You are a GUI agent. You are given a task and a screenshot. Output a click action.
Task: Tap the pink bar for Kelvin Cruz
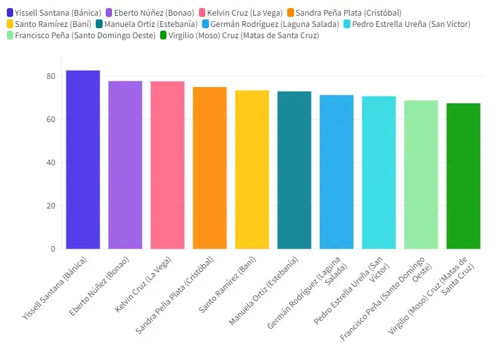click(x=167, y=165)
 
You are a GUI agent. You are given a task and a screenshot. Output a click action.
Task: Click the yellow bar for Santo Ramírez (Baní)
click(x=252, y=170)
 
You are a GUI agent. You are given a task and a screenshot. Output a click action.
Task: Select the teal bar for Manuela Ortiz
click(x=294, y=170)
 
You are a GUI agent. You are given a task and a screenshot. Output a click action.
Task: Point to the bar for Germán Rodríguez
click(x=337, y=172)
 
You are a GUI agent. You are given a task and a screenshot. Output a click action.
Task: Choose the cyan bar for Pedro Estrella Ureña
click(x=379, y=173)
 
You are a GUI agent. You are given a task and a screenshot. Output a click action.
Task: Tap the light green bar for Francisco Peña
click(x=421, y=175)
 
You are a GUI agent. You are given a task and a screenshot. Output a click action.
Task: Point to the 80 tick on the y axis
click(x=51, y=76)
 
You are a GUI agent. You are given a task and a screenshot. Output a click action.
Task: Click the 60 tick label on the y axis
click(x=51, y=120)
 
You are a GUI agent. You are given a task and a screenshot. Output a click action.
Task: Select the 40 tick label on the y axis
click(x=51, y=163)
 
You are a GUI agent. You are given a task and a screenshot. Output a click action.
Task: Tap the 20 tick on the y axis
click(x=51, y=206)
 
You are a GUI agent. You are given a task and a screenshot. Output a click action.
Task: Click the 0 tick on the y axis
click(x=53, y=249)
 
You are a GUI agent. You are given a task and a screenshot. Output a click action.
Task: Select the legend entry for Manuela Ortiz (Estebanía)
click(x=151, y=24)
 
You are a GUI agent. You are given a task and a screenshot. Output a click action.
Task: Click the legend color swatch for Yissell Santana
click(x=9, y=13)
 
